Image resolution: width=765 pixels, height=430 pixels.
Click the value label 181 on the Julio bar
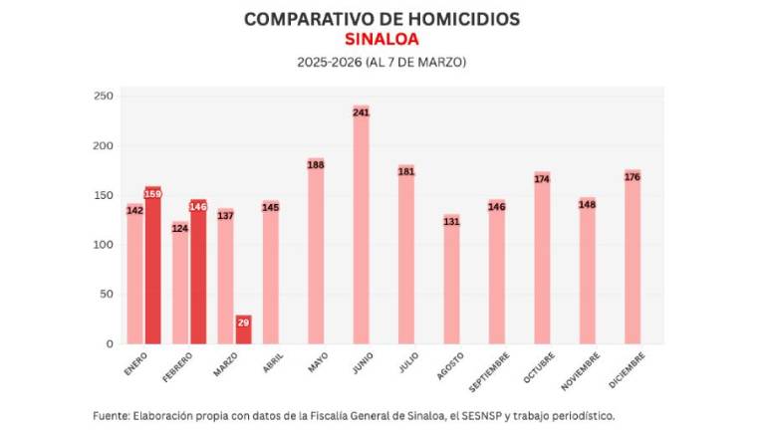point(406,171)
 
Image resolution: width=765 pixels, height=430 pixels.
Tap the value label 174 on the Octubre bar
point(542,179)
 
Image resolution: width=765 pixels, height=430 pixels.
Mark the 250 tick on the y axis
point(104,97)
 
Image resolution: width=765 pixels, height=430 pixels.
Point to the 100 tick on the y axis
point(104,245)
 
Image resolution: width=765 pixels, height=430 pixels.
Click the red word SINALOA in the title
point(382,40)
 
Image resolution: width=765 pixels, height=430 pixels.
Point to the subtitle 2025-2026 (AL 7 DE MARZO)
point(382,62)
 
